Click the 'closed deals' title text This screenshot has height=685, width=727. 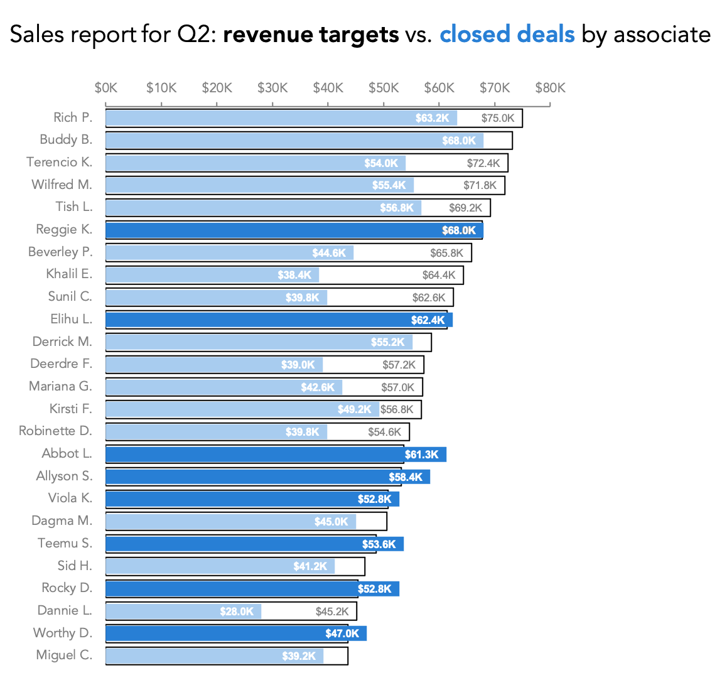pos(507,35)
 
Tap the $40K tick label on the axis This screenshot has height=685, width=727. pos(328,88)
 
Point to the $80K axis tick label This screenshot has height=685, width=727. pos(550,88)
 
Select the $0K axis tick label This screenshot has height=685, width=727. pos(106,88)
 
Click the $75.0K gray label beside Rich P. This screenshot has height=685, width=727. pos(498,118)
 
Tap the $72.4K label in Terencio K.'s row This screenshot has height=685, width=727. pos(483,163)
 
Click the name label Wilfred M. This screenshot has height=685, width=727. pos(62,185)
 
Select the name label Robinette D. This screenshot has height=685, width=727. pos(55,431)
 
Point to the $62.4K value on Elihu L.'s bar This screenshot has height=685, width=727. pos(428,320)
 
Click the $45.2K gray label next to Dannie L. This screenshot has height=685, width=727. pos(332,612)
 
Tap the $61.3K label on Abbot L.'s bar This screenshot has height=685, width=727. pos(421,455)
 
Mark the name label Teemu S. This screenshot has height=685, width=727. pos(65,543)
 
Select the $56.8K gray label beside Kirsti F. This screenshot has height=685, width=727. pos(397,409)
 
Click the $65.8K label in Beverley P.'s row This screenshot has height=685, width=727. pos(446,253)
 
